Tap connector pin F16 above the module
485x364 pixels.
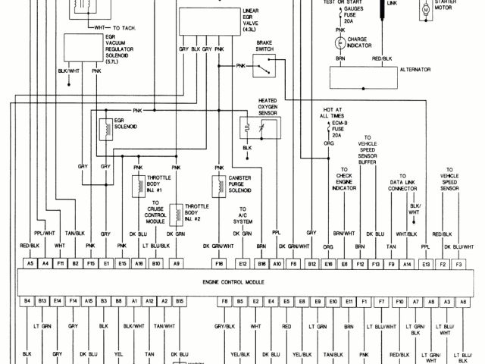(218, 263)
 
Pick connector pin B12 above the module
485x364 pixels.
(311, 263)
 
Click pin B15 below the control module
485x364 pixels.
(180, 301)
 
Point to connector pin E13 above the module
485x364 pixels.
(426, 263)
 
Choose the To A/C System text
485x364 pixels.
(244, 214)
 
